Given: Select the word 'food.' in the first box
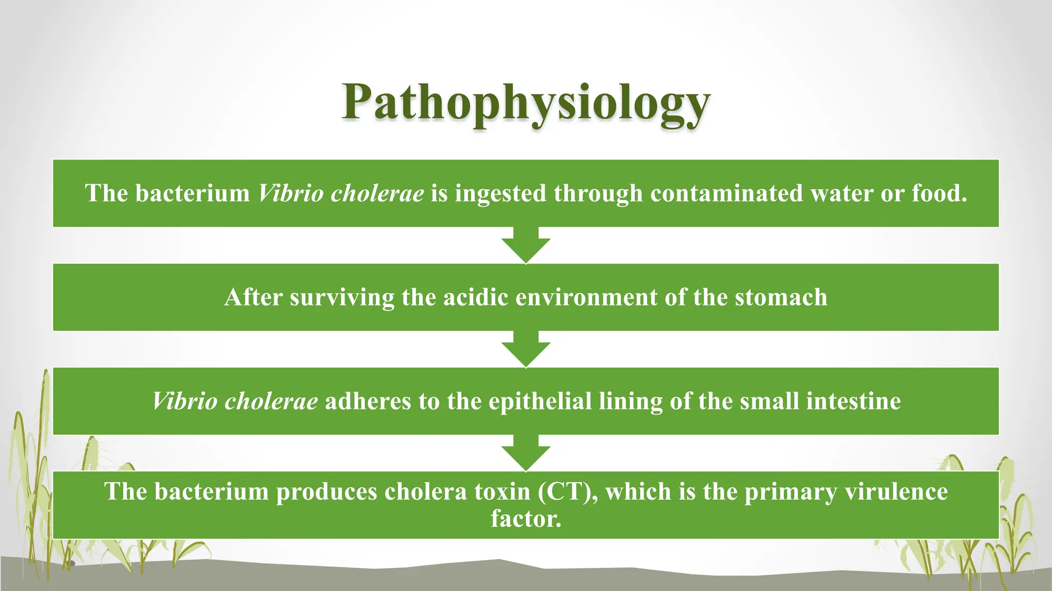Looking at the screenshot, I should pyautogui.click(x=940, y=193).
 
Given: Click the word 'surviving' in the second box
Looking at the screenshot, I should pyautogui.click(x=342, y=298).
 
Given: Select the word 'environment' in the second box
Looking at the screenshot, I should pyautogui.click(x=586, y=298).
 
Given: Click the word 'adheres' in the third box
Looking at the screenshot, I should pyautogui.click(x=368, y=401).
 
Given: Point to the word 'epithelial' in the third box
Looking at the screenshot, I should pyautogui.click(x=540, y=401).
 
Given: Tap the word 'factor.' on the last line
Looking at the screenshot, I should pyautogui.click(x=526, y=519).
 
